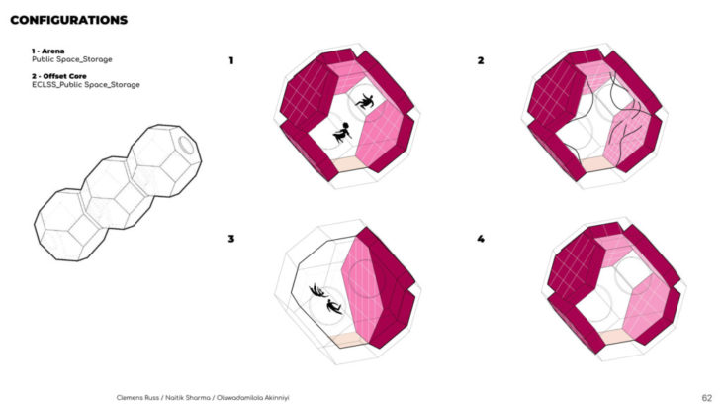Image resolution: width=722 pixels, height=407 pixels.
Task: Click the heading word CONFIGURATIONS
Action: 68,20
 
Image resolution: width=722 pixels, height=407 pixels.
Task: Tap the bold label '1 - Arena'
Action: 47,51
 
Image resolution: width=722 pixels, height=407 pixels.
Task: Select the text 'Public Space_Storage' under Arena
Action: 72,59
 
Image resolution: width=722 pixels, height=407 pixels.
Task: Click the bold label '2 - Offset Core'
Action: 59,76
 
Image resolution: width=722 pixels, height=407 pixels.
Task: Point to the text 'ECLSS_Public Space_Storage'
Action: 86,85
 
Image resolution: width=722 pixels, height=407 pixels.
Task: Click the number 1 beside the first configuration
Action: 231,60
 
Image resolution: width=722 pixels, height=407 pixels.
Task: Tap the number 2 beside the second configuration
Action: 481,60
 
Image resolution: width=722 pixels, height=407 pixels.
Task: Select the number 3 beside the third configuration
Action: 231,239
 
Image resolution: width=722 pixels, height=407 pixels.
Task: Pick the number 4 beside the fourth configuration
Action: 481,239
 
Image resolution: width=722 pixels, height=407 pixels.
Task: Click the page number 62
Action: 707,398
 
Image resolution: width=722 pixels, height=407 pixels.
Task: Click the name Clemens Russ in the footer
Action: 137,398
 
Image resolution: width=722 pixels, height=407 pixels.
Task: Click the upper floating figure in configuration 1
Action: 365,102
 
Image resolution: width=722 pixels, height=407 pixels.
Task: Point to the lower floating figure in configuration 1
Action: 341,134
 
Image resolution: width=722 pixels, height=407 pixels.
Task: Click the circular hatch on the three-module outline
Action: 186,145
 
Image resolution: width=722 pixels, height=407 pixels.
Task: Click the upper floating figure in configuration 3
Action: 318,290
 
